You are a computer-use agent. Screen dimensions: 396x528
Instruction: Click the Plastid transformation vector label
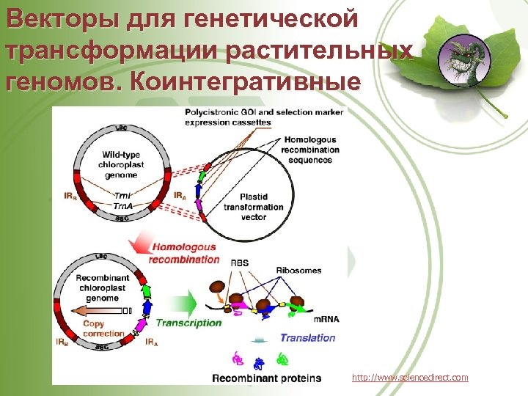coord(254,207)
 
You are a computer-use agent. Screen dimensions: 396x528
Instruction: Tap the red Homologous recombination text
coord(183,253)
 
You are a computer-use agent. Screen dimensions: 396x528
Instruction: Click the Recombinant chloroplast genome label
coord(102,287)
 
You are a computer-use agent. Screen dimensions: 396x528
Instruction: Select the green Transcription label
coord(188,322)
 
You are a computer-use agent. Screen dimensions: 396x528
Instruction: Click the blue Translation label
coord(307,338)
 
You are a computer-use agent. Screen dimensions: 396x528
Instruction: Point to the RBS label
coord(239,262)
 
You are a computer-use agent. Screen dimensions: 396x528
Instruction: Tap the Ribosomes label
coord(298,271)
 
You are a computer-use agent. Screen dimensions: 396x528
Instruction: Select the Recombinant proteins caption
coord(266,378)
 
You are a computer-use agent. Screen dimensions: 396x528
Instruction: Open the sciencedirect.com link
coord(409,377)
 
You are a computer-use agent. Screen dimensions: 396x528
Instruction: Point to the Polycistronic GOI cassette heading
coord(264,117)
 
